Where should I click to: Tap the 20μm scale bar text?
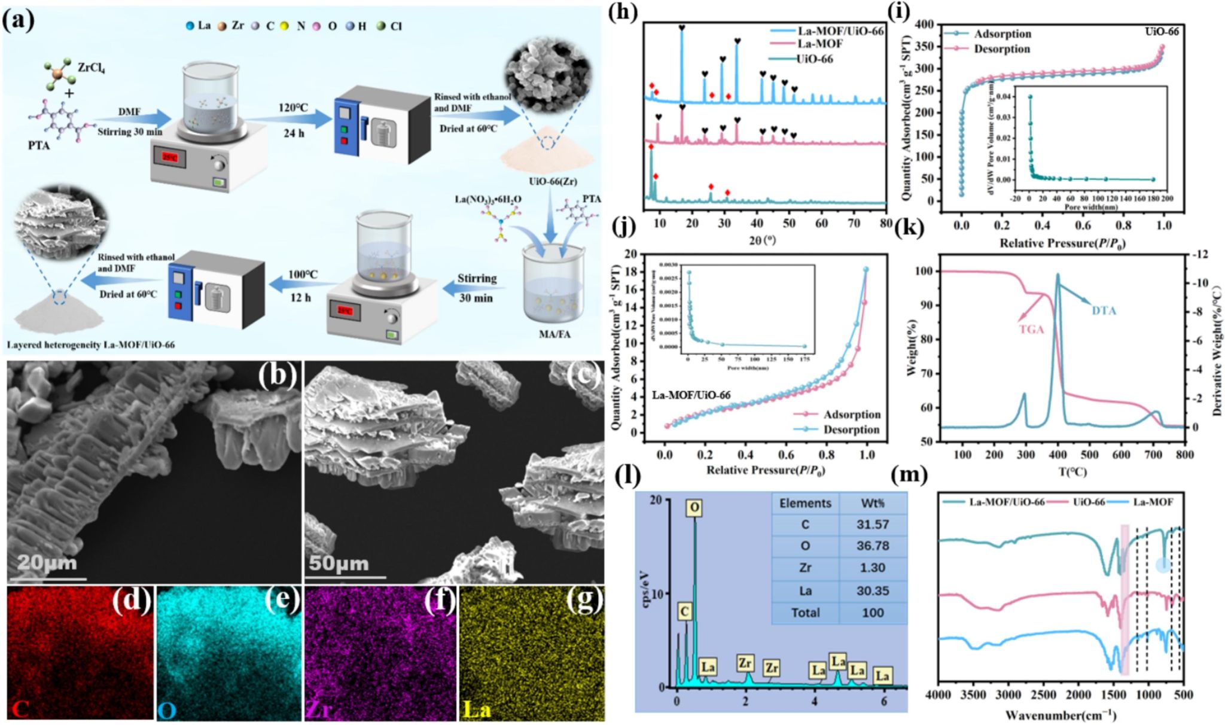46,563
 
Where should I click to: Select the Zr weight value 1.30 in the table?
873,568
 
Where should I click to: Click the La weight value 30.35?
873,590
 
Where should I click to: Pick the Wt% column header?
873,503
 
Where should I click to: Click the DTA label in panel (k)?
1104,310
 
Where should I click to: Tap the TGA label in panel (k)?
1031,328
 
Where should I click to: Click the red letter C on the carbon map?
20,710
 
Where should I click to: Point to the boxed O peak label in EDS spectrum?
694,508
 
